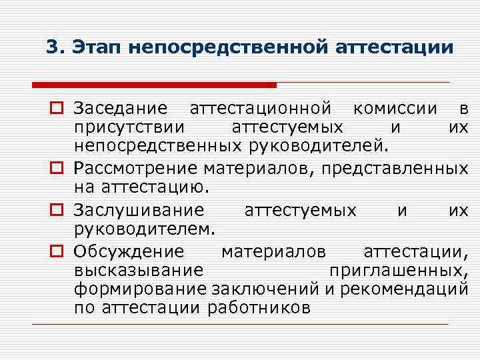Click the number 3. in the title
pos(55,47)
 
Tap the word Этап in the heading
pos(95,47)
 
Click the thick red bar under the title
pos(154,85)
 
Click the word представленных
pos(395,167)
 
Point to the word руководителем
pos(144,228)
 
